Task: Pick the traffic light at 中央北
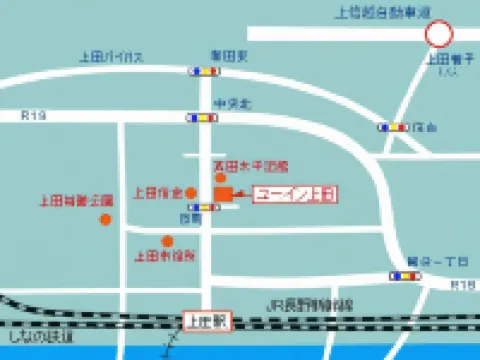click(x=201, y=118)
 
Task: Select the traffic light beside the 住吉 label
click(x=392, y=127)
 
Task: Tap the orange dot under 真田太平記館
click(x=220, y=177)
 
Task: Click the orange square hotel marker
click(x=223, y=193)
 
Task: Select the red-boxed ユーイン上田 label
click(x=295, y=194)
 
